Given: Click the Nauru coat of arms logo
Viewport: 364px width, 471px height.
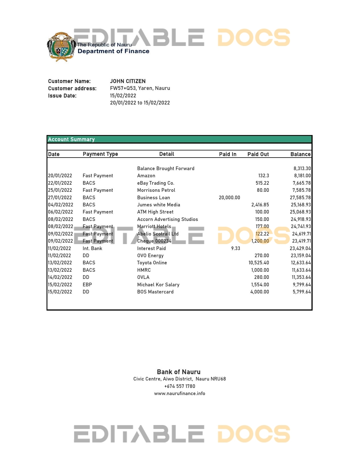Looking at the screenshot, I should tap(61, 47).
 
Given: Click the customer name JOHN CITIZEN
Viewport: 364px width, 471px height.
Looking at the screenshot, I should tap(128, 81).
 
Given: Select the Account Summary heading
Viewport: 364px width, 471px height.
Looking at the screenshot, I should tap(71, 139).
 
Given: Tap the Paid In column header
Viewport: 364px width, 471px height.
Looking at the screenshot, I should tap(228, 154).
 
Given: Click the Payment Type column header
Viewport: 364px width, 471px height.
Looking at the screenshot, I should tap(100, 154).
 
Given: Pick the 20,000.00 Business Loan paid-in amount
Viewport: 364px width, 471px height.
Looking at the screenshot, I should tap(229, 198).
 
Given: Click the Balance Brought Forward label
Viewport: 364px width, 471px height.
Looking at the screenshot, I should tap(166, 168).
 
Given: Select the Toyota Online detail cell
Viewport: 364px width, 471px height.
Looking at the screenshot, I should tap(152, 263).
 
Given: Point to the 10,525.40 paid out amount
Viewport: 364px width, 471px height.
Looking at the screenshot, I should tap(259, 263).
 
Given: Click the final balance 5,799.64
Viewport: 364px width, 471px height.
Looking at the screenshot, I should tap(301, 292).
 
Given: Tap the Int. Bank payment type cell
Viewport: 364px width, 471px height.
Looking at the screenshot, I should tap(92, 248).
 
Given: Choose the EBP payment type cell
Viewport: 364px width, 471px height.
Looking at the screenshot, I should tap(87, 285).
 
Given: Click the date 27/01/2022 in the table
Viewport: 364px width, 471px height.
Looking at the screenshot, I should tap(60, 198).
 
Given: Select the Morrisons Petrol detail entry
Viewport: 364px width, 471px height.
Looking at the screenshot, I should tap(156, 190).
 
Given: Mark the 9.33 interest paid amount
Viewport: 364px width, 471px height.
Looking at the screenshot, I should tap(236, 248).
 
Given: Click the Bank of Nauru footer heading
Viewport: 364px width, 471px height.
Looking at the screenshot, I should tap(179, 372).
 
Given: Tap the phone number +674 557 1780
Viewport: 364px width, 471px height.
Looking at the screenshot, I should tap(180, 386).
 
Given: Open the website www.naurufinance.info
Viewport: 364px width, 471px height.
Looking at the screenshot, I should tap(180, 393).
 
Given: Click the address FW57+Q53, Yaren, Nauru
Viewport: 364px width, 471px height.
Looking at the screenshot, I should tap(140, 88).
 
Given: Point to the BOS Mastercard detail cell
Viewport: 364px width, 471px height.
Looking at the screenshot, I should tap(155, 292).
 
